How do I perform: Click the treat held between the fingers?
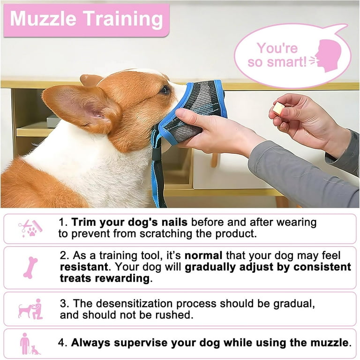pyautogui.click(x=279, y=109)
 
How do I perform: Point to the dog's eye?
pyautogui.click(x=165, y=90)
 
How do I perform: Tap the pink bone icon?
pyautogui.click(x=30, y=267)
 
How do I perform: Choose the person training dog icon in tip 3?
pyautogui.click(x=30, y=309)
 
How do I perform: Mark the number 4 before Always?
pyautogui.click(x=61, y=343)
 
